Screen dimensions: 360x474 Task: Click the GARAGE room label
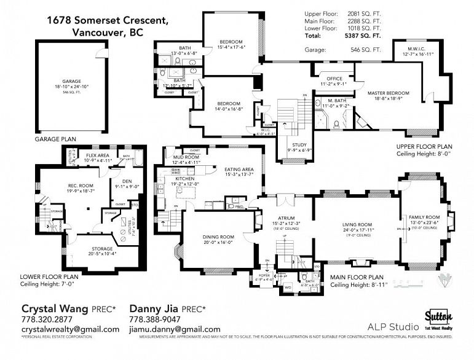(71, 81)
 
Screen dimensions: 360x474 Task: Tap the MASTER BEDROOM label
(388, 93)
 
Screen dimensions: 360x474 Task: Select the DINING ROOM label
(219, 237)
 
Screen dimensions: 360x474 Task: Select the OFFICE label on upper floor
(334, 79)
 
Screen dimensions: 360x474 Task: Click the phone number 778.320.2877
(47, 319)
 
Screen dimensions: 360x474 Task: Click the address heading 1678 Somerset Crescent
(107, 20)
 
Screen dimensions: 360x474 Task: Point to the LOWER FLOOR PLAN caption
(45, 276)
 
